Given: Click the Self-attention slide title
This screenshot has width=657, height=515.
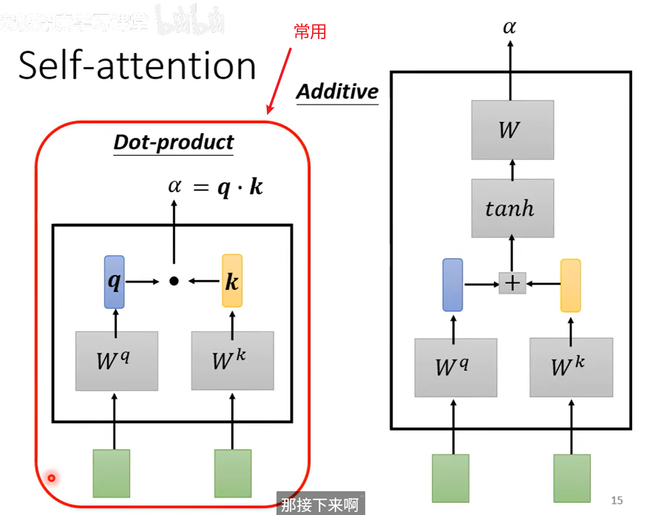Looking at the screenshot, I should [x=137, y=65].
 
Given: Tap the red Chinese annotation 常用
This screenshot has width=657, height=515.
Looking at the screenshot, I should [x=310, y=32].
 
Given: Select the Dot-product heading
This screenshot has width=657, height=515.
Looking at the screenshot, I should [x=174, y=142].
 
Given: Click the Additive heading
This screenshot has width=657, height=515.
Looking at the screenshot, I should [x=337, y=92].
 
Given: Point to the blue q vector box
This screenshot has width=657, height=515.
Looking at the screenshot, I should [x=114, y=282].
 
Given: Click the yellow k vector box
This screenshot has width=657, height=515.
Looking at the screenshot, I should [x=232, y=281].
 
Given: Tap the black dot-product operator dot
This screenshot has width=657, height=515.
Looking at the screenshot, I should [x=174, y=281].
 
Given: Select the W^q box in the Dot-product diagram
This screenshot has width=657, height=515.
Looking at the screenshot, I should [x=117, y=361].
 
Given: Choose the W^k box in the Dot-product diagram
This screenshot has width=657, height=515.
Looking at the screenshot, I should [x=232, y=360].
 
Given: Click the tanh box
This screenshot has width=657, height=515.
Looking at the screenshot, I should [x=512, y=208].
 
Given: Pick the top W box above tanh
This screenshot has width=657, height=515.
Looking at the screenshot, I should [x=512, y=130].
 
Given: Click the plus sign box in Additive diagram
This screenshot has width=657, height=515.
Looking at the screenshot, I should [x=512, y=283].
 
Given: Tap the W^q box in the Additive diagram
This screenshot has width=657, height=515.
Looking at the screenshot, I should [x=455, y=368].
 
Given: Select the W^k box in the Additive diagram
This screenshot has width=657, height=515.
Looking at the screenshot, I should [x=571, y=367].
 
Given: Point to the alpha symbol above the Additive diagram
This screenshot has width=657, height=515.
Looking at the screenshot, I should [x=509, y=27].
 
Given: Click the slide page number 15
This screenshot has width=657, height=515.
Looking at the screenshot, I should [x=617, y=500].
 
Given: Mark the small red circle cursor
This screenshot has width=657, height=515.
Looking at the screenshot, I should [x=51, y=478].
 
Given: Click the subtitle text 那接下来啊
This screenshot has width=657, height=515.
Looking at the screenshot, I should [x=320, y=505].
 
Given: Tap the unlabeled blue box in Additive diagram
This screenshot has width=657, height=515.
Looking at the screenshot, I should [x=452, y=285].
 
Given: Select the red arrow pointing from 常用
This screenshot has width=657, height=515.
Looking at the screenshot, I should [x=279, y=81].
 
